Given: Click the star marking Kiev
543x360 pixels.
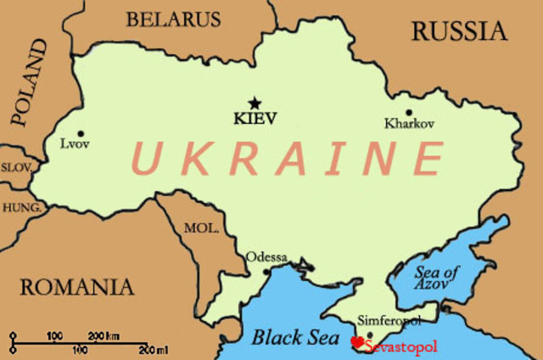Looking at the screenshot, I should tap(255, 103).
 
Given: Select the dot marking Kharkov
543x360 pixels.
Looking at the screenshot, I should tap(408, 112).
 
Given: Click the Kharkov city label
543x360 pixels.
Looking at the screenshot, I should tap(409, 124).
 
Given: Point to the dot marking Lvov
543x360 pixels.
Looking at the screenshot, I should tap(81, 133).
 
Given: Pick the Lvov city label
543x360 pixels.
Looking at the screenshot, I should tap(74, 145).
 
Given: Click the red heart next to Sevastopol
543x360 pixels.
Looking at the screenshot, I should tap(357, 342).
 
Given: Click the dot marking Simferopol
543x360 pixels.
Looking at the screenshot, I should tap(369, 333).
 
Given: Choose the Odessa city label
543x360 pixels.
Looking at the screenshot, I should tap(266, 257).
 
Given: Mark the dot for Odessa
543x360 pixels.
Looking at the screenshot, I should tap(266, 272).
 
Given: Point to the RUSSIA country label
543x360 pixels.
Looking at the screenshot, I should tap(459, 31).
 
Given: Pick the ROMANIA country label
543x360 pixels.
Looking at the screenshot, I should tap(77, 286).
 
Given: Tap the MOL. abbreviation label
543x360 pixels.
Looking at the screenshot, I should tap(201, 228).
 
